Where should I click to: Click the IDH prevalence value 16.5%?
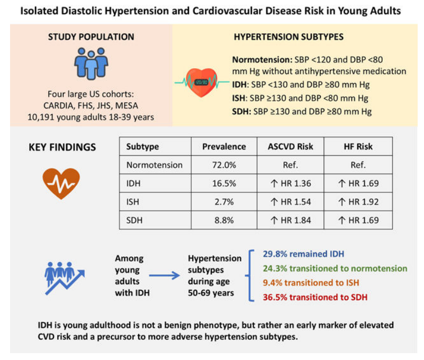(224, 183)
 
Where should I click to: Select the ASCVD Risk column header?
(291, 147)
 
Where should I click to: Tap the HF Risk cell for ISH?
(358, 202)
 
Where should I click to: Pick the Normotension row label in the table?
(155, 165)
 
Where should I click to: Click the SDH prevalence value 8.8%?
(224, 220)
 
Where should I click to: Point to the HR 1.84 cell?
(291, 220)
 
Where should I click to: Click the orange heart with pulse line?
(61, 183)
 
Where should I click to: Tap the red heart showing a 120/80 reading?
(202, 82)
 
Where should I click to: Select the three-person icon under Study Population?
(91, 64)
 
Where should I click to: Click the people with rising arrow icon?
(65, 278)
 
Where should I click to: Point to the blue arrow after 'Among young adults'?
(164, 276)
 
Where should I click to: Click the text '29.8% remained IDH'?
(303, 254)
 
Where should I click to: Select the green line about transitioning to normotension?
(335, 268)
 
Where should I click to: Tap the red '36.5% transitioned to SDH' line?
(315, 297)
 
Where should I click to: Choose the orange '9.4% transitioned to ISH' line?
(311, 283)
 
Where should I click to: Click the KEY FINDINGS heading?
(62, 147)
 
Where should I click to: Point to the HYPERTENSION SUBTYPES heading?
(288, 37)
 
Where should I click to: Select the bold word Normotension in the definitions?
(260, 59)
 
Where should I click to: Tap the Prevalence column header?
(224, 147)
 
